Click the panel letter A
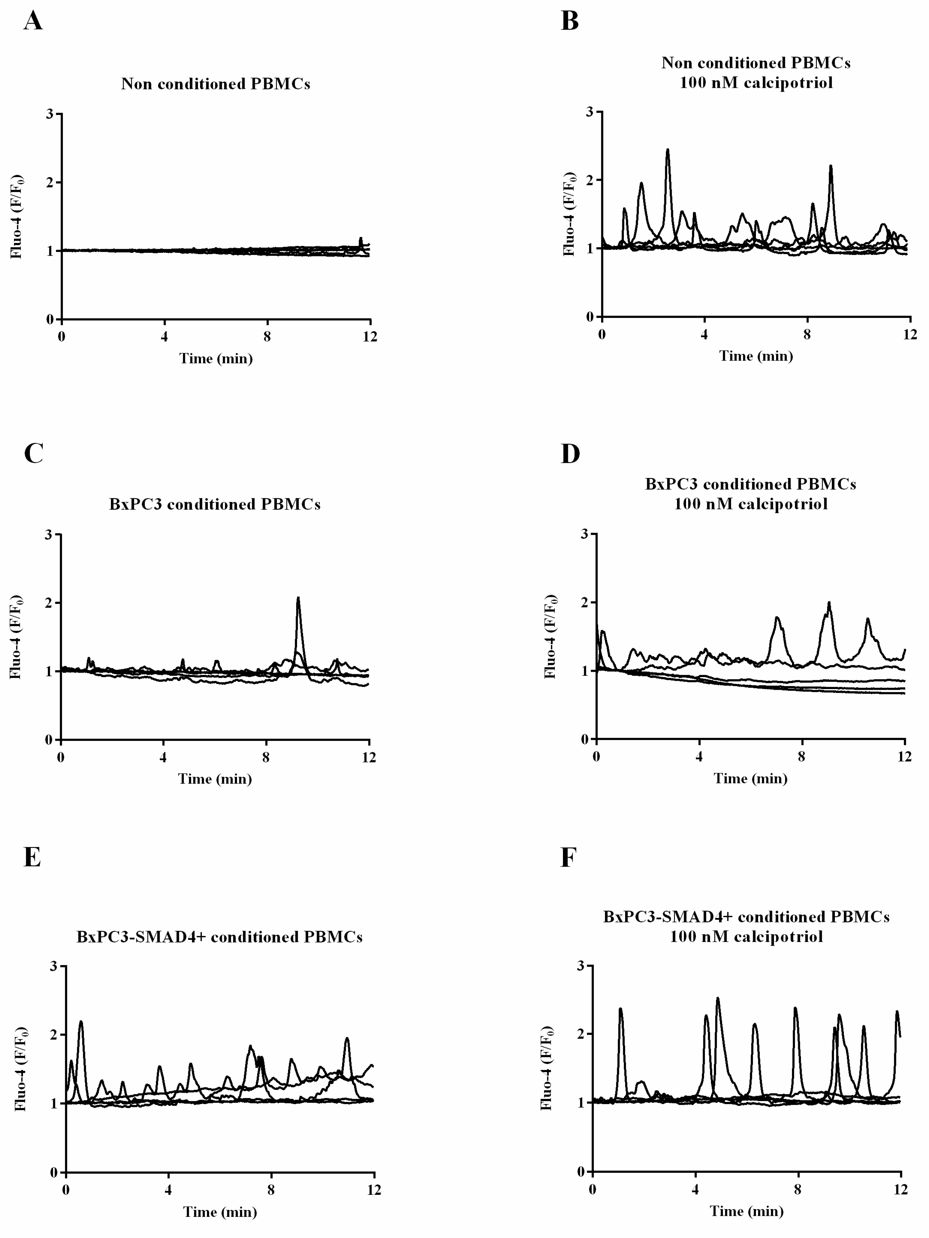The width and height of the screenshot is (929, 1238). tap(33, 21)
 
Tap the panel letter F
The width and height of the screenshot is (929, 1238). tap(568, 858)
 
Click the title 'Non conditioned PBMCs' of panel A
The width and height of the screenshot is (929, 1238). tap(216, 84)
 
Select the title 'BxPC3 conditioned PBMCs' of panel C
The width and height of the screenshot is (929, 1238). tap(214, 504)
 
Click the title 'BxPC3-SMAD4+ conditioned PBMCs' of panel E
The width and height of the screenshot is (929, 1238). tap(219, 937)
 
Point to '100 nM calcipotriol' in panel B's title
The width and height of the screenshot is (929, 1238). tap(756, 83)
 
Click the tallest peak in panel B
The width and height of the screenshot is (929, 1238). tap(667, 150)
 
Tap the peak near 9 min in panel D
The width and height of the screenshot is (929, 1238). tap(829, 603)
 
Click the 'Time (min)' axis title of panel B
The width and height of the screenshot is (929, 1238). tap(756, 356)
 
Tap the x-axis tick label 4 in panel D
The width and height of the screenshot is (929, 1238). tap(699, 757)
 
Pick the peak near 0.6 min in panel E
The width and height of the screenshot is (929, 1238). tap(81, 1022)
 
